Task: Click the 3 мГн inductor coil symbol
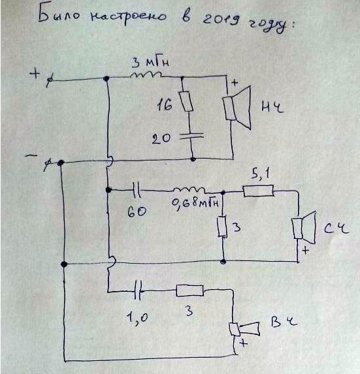point(146,74)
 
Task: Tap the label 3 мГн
point(150,63)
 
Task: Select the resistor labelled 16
point(186,101)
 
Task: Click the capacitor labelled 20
point(191,136)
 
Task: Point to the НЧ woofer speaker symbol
point(237,108)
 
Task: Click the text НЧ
point(272,107)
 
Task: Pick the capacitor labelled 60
point(137,190)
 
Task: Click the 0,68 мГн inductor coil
point(189,190)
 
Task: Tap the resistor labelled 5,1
point(258,191)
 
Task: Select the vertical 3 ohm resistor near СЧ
point(222,226)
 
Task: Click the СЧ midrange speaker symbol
point(304,228)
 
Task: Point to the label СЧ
point(336,229)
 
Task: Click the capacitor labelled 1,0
point(138,290)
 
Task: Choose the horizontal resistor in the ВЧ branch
point(189,290)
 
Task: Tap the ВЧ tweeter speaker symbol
point(244,329)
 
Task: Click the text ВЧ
point(284,322)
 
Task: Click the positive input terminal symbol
point(50,81)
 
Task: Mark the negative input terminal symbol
point(48,164)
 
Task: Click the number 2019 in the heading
point(221,19)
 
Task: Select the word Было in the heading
point(59,16)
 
